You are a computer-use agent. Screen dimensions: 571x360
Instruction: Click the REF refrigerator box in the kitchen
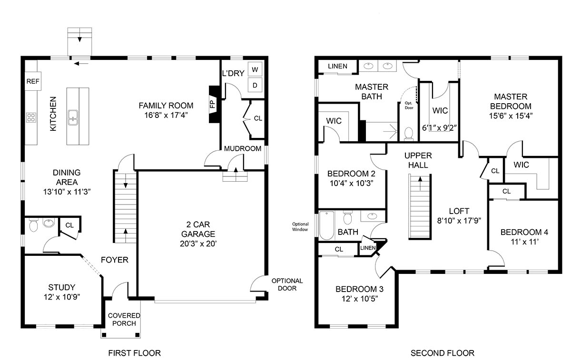click(33, 81)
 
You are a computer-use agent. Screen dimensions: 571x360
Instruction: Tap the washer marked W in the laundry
click(255, 69)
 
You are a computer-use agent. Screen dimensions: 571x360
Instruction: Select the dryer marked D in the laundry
click(255, 85)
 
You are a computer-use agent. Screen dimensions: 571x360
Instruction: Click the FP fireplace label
click(213, 104)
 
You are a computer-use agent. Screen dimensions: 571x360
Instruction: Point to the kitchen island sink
click(73, 117)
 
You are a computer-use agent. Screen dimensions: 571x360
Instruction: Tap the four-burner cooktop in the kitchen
click(31, 118)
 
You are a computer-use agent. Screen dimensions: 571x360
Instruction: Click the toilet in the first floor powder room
click(33, 225)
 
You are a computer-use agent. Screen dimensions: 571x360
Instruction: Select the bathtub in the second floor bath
click(327, 225)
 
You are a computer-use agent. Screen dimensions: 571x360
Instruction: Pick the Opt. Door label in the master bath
click(409, 106)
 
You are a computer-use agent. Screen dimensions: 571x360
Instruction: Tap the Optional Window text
click(300, 227)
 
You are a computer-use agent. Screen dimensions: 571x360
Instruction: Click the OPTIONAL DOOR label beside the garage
click(287, 284)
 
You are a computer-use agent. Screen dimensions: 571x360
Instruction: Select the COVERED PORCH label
click(124, 320)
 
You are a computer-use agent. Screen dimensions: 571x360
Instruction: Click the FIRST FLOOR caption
click(135, 353)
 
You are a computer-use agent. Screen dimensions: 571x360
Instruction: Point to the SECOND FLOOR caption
click(443, 353)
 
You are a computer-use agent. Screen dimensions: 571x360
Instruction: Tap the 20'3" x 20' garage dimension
click(198, 244)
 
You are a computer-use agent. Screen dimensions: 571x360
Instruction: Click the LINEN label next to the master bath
click(337, 66)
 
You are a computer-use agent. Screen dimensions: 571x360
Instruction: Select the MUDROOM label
click(243, 148)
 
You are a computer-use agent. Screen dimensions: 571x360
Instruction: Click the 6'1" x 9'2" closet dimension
click(439, 127)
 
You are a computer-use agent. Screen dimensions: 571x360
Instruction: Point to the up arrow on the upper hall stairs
click(420, 184)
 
